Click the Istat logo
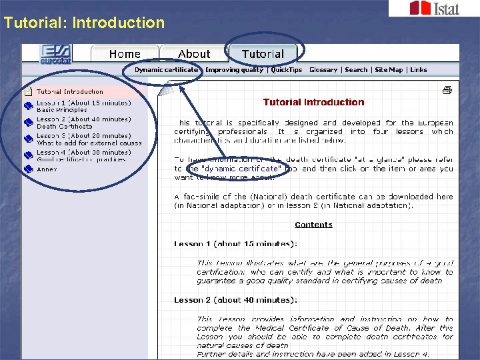(x=433, y=8)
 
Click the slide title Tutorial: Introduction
(x=84, y=23)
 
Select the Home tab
(x=125, y=54)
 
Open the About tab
(x=194, y=54)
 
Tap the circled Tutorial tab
(x=263, y=54)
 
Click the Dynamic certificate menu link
(x=166, y=70)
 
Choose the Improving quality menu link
(x=234, y=70)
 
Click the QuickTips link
(x=287, y=70)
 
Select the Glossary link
(x=323, y=70)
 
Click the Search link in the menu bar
(x=356, y=70)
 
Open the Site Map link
(x=389, y=70)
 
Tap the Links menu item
(x=419, y=70)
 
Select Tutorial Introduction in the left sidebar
(x=69, y=91)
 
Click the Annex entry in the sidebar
(x=47, y=169)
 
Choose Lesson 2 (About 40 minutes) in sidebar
(x=83, y=119)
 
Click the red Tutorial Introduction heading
(x=313, y=102)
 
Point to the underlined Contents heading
(x=313, y=225)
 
